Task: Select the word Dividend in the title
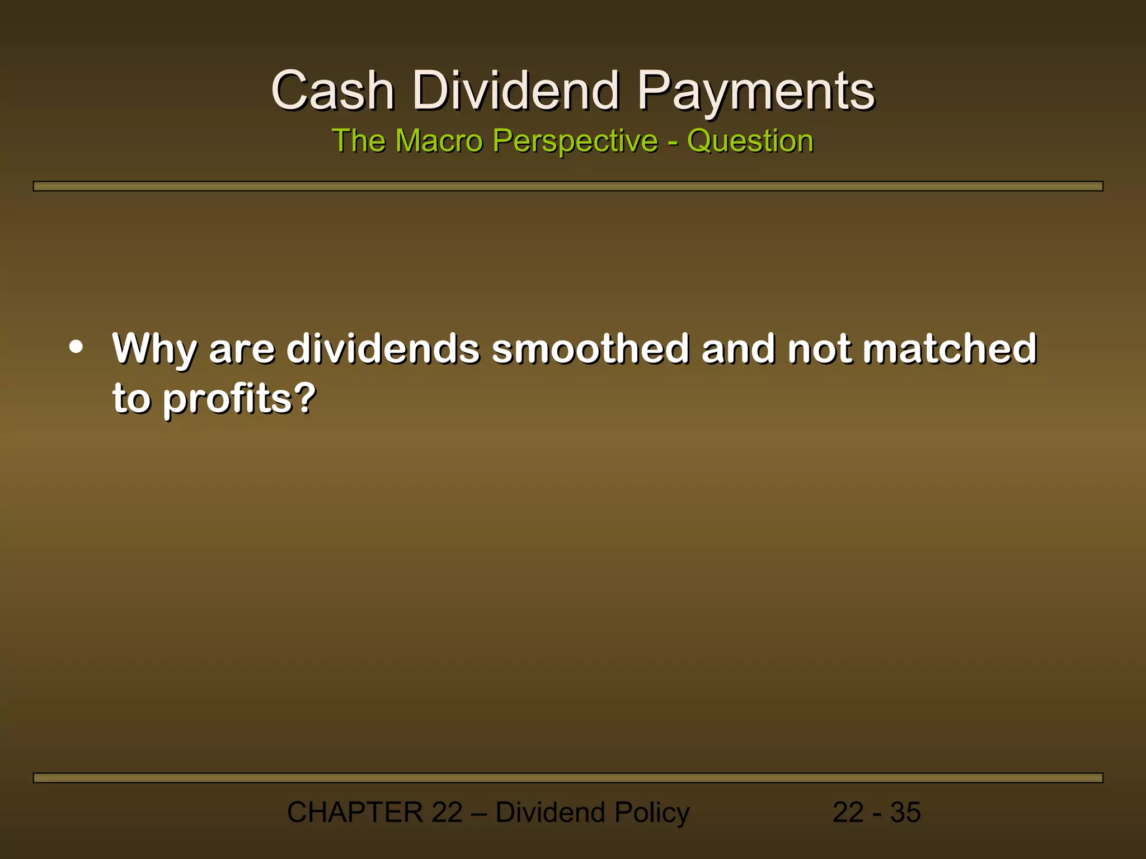516,91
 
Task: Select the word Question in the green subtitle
750,141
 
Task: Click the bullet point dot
76,347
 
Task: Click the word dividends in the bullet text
383,348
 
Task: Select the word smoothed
590,348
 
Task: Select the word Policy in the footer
651,813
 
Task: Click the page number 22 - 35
876,812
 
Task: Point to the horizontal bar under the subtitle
567,186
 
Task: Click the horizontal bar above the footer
567,778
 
